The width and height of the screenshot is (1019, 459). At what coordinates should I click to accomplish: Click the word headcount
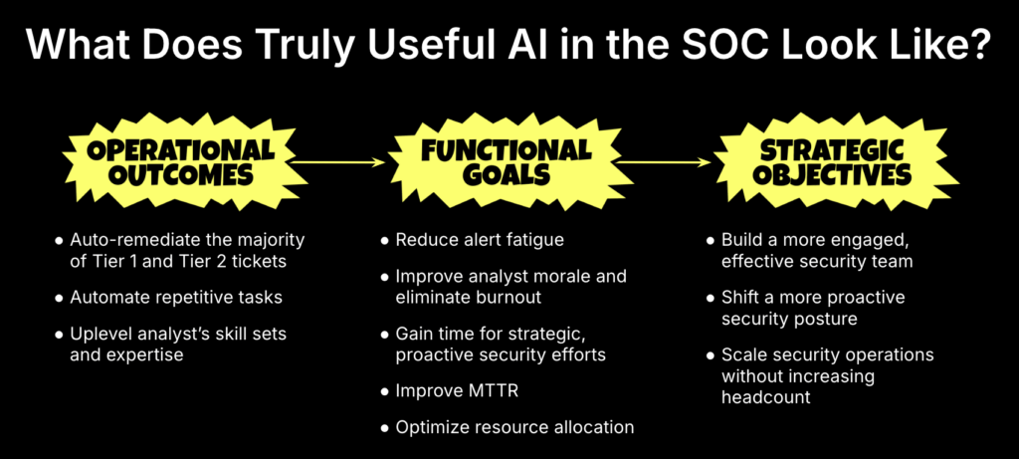coord(767,396)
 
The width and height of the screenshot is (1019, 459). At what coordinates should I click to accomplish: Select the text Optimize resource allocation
coord(514,427)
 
